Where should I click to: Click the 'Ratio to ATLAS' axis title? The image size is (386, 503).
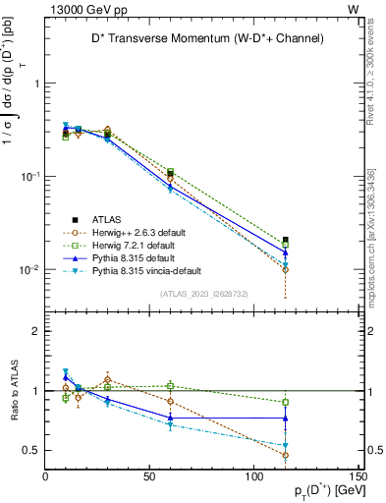pyautogui.click(x=12, y=390)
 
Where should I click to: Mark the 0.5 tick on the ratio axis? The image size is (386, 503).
pyautogui.click(x=33, y=451)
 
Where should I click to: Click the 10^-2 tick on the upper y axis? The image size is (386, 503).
pyautogui.click(x=29, y=269)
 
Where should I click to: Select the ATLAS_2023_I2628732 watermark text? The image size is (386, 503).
pyautogui.click(x=202, y=293)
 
